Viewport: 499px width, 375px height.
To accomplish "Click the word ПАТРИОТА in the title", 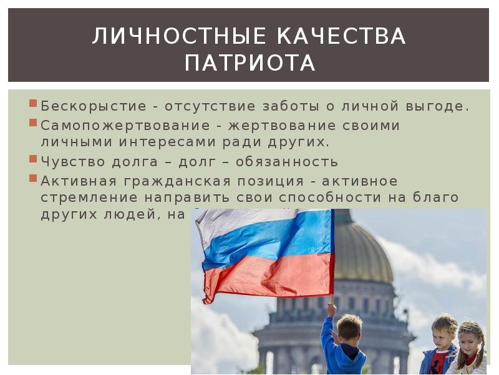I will (250, 63).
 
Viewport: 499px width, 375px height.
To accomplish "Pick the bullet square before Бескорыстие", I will (33, 104).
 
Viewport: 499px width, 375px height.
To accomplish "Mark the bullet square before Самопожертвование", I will (33, 122).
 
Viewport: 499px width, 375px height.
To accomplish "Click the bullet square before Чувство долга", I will (33, 159).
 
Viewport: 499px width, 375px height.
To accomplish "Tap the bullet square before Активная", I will (33, 178).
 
